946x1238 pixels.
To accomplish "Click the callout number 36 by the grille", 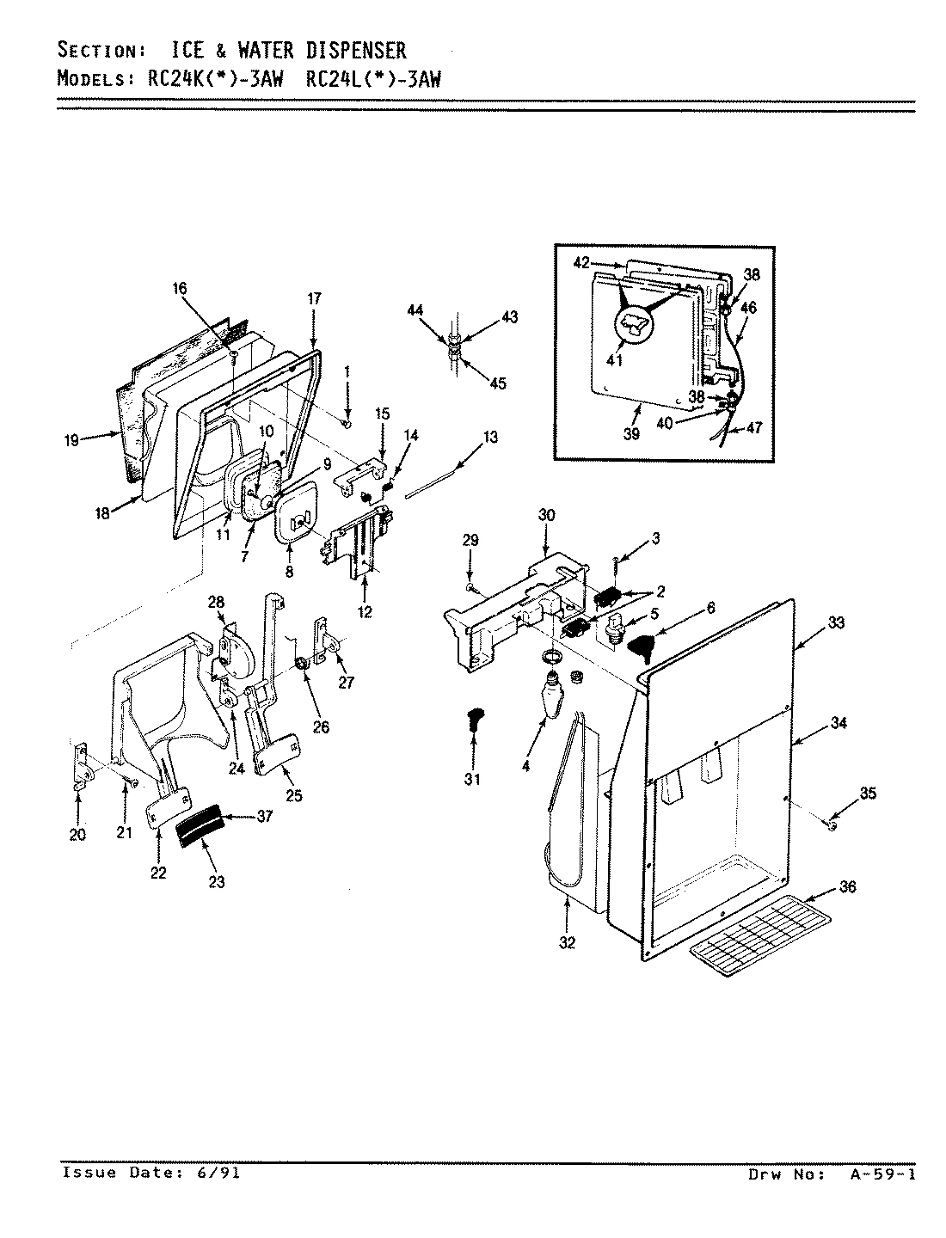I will (x=848, y=887).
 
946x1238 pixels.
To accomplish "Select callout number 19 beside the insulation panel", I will (x=71, y=440).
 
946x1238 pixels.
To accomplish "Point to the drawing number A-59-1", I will (x=879, y=1174).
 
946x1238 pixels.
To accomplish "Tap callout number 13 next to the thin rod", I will (x=489, y=438).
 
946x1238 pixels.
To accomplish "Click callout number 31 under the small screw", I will (x=472, y=779).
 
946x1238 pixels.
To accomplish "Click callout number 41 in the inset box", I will (x=614, y=361).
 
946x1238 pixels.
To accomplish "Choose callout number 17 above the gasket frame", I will (x=314, y=299).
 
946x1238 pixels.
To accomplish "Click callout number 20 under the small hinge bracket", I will (x=77, y=834).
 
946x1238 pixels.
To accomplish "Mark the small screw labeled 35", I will (x=832, y=825).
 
